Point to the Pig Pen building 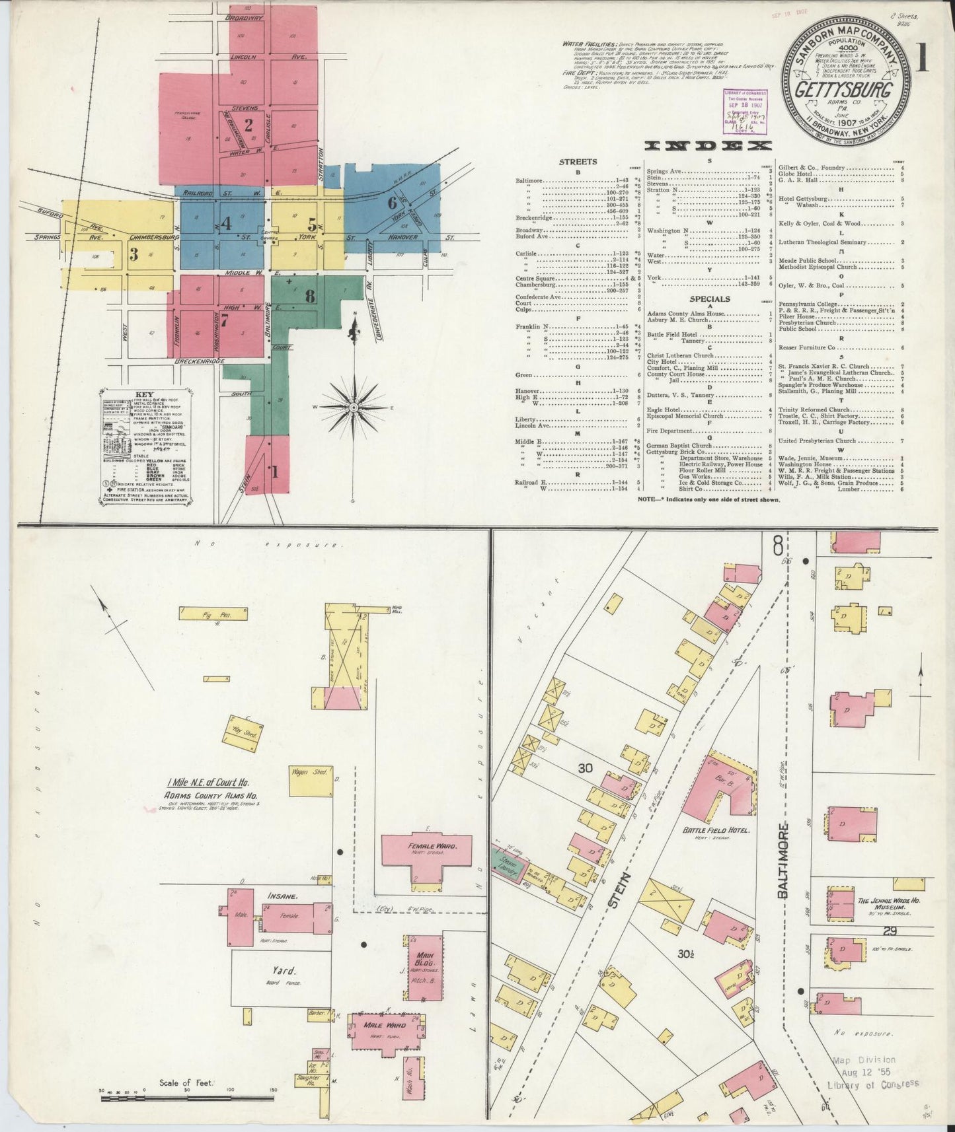tap(213, 614)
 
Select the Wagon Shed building tap(310, 781)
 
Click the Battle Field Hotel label tap(715, 830)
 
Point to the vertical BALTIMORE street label tap(784, 860)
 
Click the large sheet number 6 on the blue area tap(393, 202)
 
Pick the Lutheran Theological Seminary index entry tap(821, 242)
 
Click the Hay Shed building tap(246, 732)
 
